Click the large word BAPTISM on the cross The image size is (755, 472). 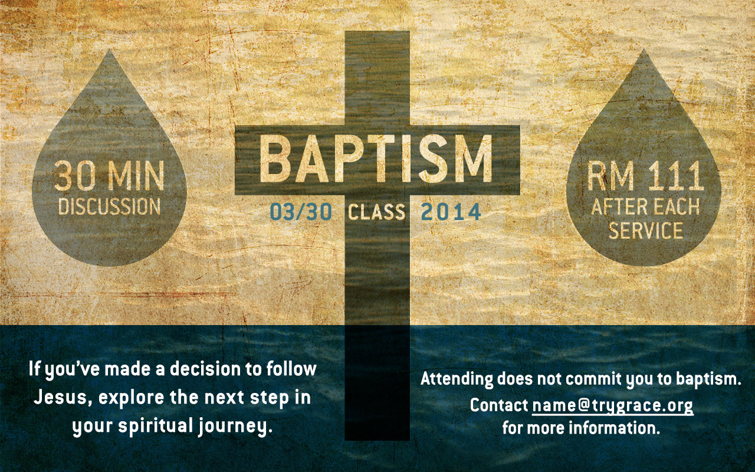tap(376, 159)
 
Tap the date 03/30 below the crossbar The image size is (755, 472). tap(301, 212)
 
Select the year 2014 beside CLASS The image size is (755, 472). tap(451, 212)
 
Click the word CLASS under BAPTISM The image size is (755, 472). tap(376, 212)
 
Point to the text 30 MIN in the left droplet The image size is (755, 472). tap(109, 176)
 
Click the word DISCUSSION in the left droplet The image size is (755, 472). tap(109, 206)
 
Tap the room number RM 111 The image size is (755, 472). tap(645, 175)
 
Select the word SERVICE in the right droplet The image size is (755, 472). tap(646, 230)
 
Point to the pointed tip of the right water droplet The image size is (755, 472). tap(644, 49)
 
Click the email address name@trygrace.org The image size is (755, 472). tap(613, 405)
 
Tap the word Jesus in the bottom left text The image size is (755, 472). tap(61, 397)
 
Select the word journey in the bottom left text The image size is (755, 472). tap(235, 426)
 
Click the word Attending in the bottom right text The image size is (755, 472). tap(457, 379)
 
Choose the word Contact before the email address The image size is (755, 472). tap(499, 405)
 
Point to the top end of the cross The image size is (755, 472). tap(377, 31)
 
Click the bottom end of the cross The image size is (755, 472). tap(377, 440)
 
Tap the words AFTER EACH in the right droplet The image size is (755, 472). tap(645, 206)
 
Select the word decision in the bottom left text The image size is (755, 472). tap(205, 369)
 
